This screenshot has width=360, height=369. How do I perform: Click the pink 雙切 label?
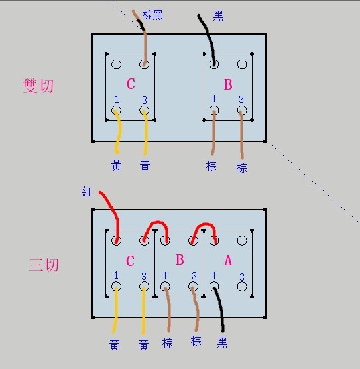pos(38,86)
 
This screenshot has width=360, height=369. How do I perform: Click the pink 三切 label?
pos(44,265)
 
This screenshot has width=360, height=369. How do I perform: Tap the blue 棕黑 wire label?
pos(153,15)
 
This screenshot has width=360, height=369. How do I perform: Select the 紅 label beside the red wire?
pos(87,192)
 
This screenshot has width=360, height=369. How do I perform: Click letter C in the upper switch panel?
pos(131,84)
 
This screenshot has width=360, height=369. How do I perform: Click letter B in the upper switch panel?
pos(228,84)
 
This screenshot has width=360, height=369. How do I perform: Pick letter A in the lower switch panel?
pos(228,261)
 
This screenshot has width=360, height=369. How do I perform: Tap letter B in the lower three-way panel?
pos(180,259)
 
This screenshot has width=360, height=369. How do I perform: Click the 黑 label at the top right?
pos(218,15)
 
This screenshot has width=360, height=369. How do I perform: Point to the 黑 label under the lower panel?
pos(222,342)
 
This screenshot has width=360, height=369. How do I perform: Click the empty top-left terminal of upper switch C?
pos(116,64)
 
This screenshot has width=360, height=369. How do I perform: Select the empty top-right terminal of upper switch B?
pos(242,64)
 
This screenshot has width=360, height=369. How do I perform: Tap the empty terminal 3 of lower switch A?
pos(242,287)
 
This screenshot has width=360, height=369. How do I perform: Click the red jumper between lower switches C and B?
pos(157,222)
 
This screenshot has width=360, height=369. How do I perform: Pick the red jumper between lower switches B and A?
pos(205,224)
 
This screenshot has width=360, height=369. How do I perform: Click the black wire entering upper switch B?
pos(209,38)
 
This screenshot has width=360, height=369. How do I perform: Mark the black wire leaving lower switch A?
pos(220,306)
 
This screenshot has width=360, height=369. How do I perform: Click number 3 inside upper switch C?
pos(145,100)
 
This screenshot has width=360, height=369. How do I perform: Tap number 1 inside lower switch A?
pos(214,276)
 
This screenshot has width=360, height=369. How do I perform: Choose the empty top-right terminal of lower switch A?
pos(242,240)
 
